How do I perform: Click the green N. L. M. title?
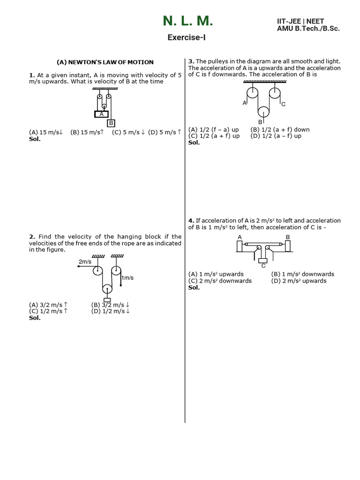(x=187, y=21)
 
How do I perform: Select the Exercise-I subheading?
(x=187, y=37)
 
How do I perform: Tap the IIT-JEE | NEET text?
(x=300, y=21)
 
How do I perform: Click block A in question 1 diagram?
(x=101, y=113)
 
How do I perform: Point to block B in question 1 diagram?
(x=111, y=123)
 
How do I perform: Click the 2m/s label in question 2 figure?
(x=85, y=262)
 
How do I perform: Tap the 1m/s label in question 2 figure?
(x=127, y=278)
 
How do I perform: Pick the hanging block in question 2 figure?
(x=107, y=300)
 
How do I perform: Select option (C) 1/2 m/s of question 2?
(x=48, y=311)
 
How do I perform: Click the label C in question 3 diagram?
(x=284, y=104)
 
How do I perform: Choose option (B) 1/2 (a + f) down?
(x=280, y=129)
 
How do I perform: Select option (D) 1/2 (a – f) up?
(x=276, y=136)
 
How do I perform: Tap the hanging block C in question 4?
(x=263, y=261)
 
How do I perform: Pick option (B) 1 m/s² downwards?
(x=302, y=274)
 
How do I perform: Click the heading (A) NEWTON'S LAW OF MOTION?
(x=105, y=62)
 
